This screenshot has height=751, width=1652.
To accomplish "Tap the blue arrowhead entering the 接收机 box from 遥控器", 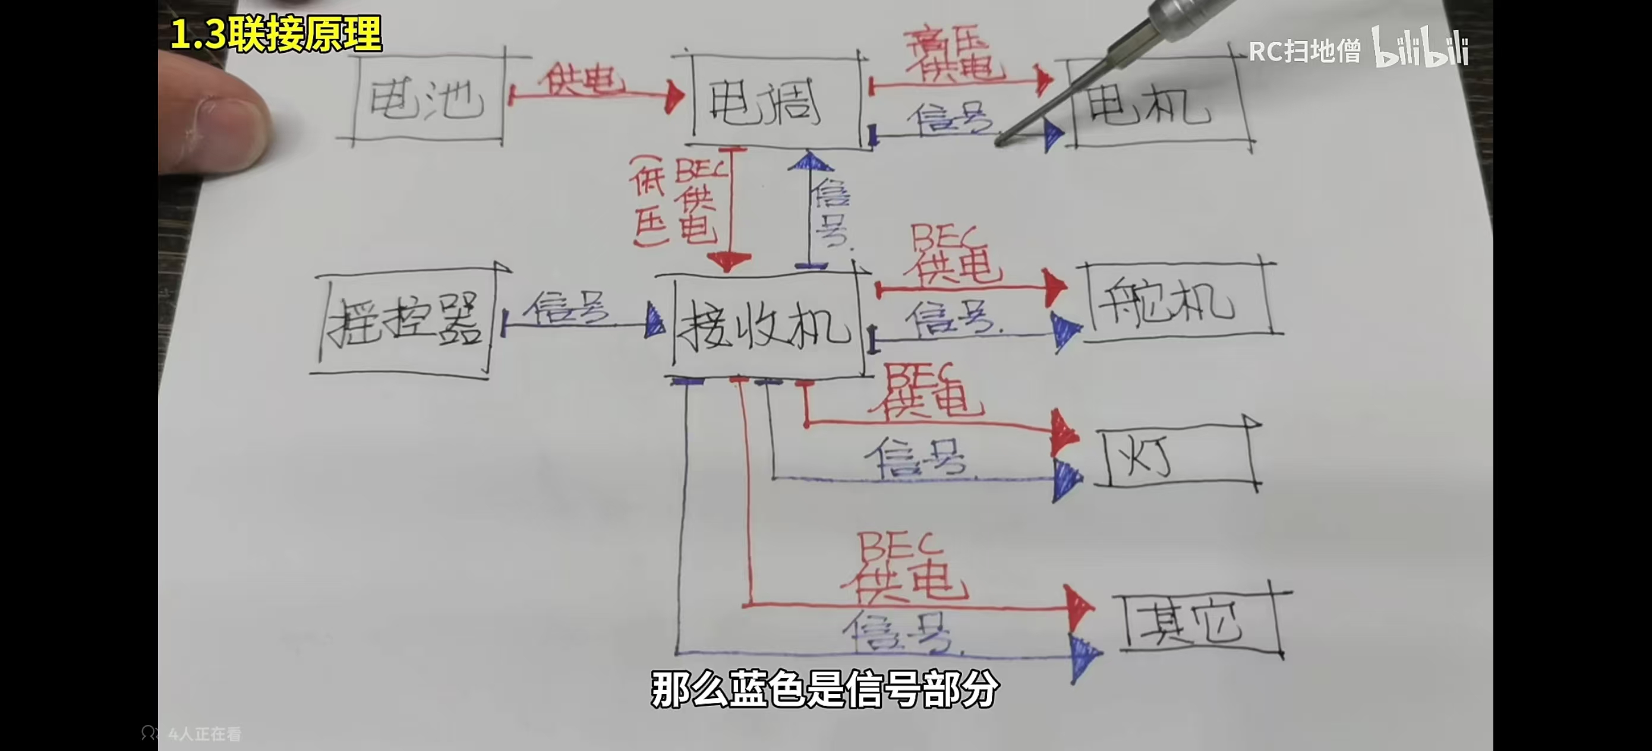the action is click(655, 321).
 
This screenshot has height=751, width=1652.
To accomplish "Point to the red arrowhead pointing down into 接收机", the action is click(729, 261).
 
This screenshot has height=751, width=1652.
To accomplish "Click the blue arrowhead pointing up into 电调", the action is click(809, 160).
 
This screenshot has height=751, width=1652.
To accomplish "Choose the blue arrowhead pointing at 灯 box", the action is click(1066, 478).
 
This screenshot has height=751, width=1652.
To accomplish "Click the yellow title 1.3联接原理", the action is click(276, 33).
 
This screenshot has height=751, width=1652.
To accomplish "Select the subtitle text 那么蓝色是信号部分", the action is click(825, 689).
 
